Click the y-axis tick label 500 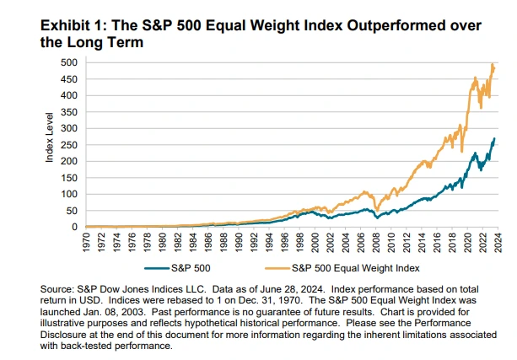[69, 62]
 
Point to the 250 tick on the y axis [69, 145]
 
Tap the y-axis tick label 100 [69, 194]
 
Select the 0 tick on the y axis [74, 227]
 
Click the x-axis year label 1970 [86, 243]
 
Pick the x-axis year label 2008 [376, 243]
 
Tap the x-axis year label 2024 [498, 243]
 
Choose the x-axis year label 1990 [239, 243]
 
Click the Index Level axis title [49, 137]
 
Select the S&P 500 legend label [191, 268]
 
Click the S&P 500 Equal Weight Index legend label [355, 268]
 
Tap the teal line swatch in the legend [157, 268]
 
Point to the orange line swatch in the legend [277, 268]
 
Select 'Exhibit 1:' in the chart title [73, 25]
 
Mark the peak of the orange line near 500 [493, 64]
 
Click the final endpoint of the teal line [494, 139]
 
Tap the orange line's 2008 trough [377, 210]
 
